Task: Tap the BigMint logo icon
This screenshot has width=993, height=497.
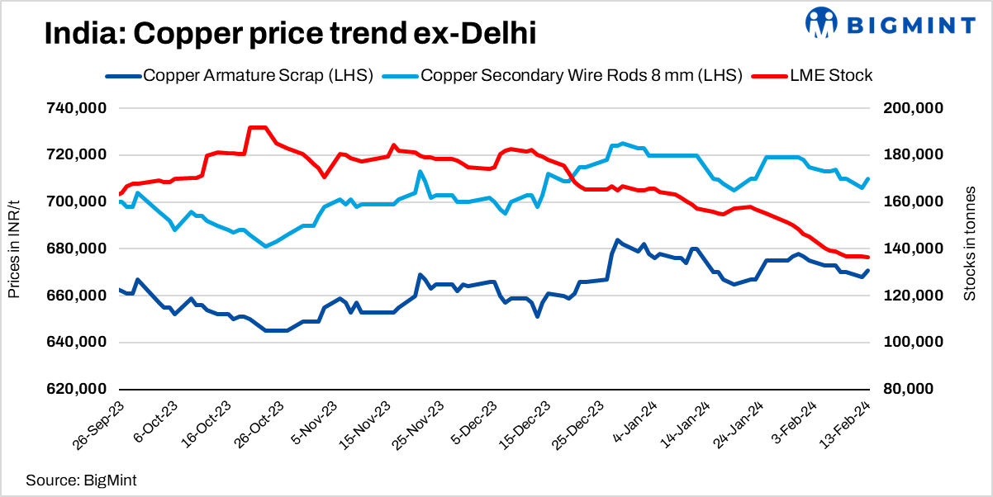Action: coord(821,24)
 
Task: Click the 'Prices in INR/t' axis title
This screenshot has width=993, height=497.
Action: coord(14,248)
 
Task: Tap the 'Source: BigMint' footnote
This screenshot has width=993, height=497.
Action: coord(81,480)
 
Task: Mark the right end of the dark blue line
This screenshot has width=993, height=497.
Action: coord(868,271)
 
